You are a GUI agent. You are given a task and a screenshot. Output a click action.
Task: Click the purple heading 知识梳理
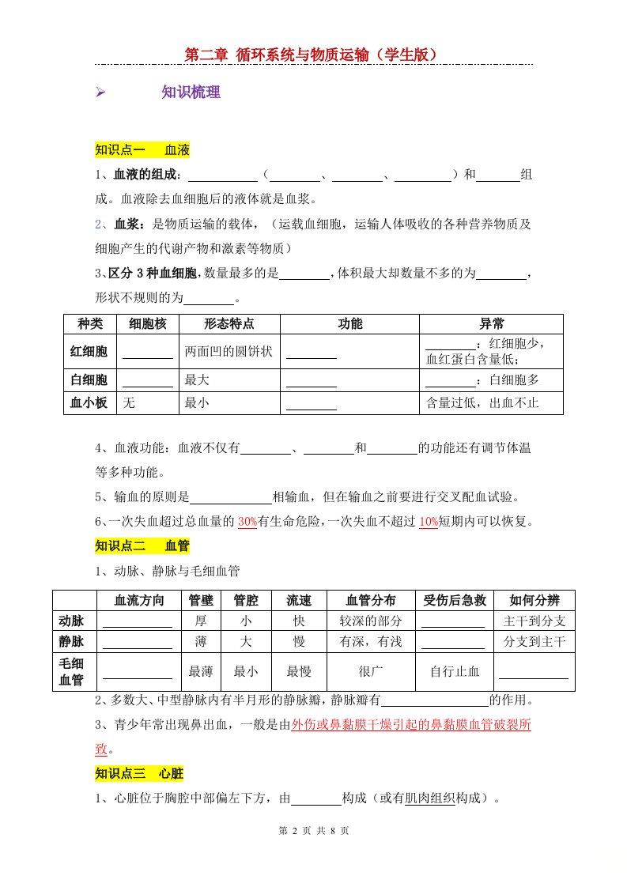click(191, 92)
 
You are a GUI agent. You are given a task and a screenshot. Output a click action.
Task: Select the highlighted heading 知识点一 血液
click(142, 150)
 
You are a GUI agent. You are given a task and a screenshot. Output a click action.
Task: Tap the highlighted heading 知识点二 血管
click(142, 545)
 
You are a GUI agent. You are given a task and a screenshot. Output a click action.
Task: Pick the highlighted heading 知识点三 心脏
click(139, 773)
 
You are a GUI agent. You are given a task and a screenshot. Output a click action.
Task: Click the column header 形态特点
click(229, 324)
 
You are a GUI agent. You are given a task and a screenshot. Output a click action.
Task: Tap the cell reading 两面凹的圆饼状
click(229, 351)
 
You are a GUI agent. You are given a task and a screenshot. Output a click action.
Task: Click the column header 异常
click(491, 324)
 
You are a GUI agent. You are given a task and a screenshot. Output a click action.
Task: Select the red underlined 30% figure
click(247, 522)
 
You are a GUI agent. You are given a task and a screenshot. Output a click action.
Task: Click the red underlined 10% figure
click(428, 522)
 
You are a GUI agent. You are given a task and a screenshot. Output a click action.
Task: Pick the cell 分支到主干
click(534, 640)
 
